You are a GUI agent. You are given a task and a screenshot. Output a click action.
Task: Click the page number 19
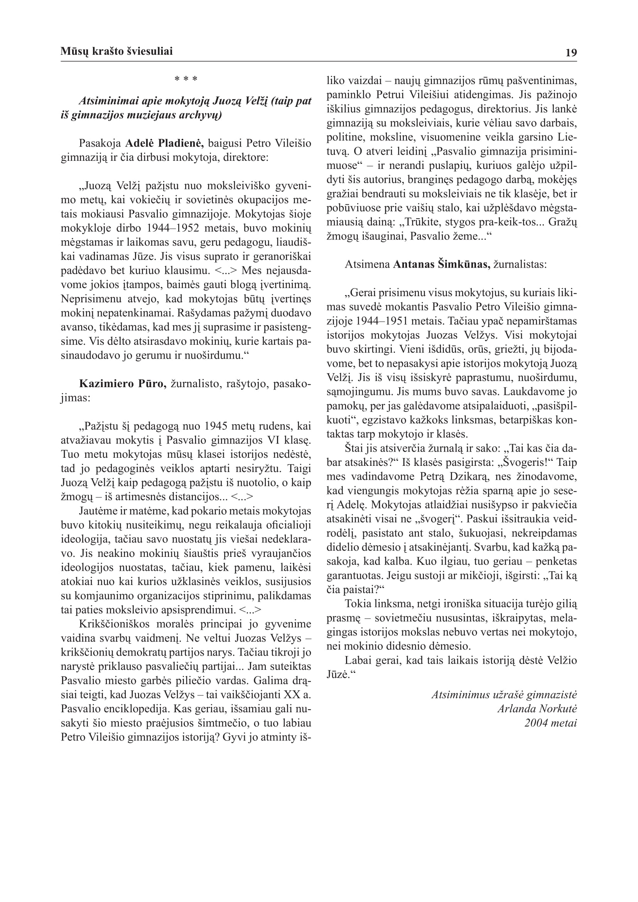571,53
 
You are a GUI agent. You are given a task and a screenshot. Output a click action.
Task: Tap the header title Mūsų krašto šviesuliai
116,51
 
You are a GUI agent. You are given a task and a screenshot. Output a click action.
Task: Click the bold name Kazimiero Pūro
123,384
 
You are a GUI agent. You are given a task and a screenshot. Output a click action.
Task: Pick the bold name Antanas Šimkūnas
442,265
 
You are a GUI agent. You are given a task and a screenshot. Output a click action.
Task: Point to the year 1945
218,426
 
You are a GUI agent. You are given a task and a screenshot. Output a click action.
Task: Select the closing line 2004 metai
550,723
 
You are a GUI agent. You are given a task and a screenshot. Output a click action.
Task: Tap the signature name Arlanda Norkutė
537,709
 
